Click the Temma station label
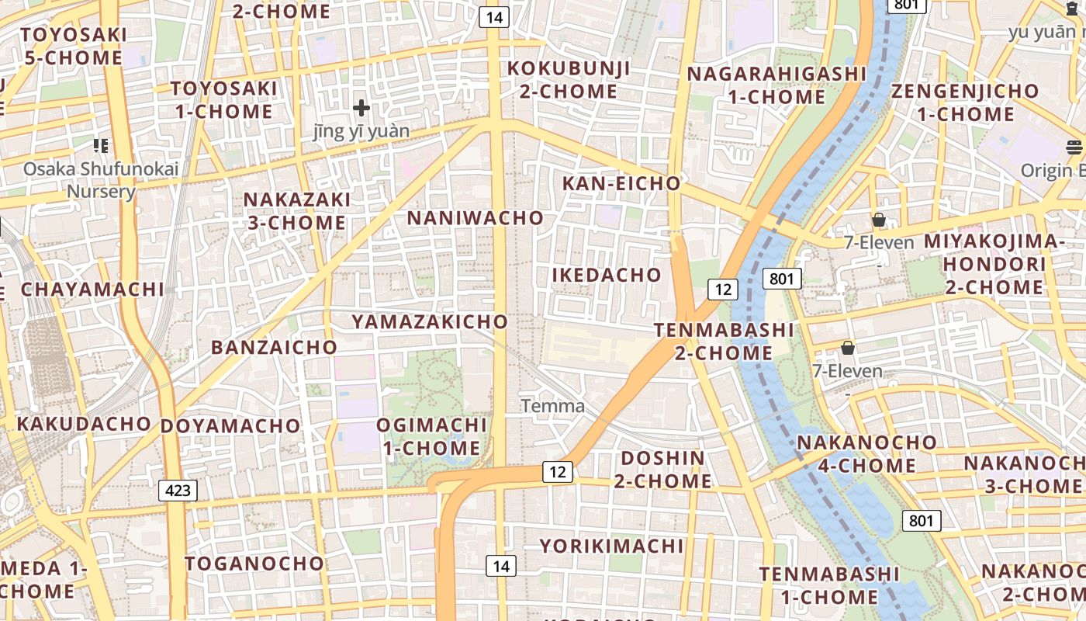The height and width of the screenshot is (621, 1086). (552, 406)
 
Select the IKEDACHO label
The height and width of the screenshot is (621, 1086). (607, 275)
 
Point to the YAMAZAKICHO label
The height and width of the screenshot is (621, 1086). (430, 321)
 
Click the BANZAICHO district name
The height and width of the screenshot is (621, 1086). (275, 347)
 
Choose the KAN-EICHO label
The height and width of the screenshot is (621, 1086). (621, 184)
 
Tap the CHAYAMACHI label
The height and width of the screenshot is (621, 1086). (92, 290)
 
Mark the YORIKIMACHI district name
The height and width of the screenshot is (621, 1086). (612, 546)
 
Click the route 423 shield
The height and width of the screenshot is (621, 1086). (178, 491)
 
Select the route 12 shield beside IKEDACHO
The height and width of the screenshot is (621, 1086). (723, 290)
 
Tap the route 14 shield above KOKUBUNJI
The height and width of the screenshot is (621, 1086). (493, 17)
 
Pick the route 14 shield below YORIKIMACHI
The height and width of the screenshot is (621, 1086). (501, 566)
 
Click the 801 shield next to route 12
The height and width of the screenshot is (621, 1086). (781, 279)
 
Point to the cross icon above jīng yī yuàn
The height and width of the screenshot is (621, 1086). (361, 108)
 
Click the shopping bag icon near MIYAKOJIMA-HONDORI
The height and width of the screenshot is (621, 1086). (878, 220)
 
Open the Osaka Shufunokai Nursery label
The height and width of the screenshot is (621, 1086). (101, 179)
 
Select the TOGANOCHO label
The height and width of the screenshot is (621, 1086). (254, 564)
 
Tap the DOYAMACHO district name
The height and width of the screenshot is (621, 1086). (230, 425)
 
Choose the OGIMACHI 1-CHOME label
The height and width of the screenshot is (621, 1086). (432, 436)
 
